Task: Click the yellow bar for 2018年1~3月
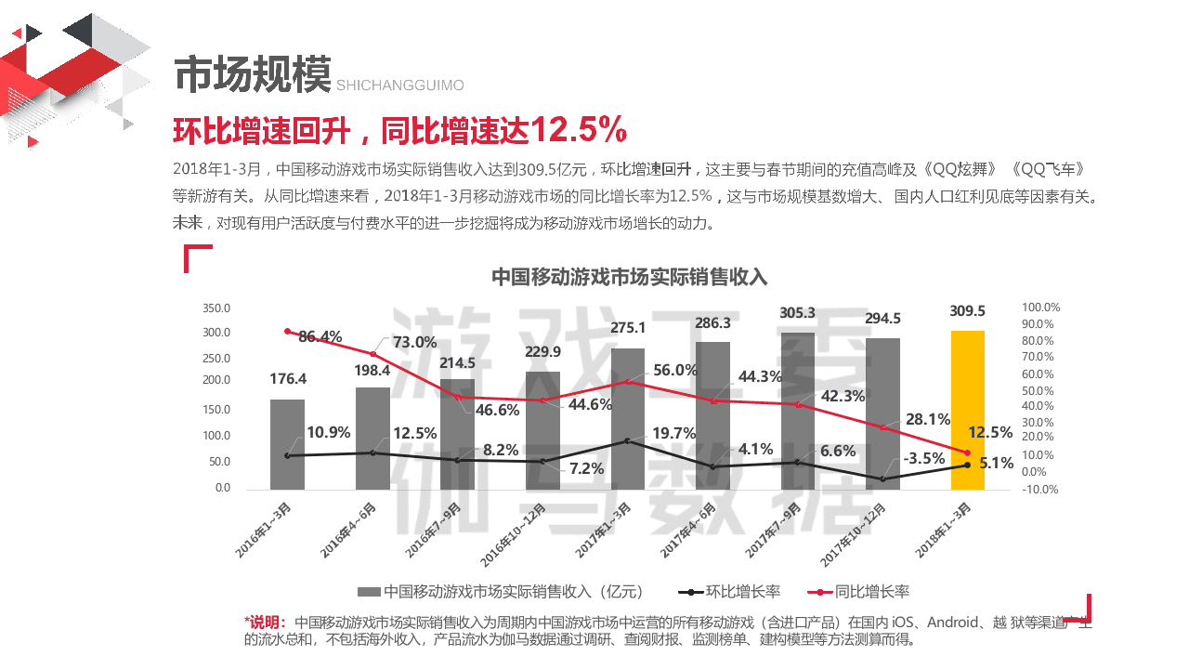967,409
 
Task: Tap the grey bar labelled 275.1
627,418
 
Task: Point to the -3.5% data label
923,458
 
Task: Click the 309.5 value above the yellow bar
967,311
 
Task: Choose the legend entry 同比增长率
871,592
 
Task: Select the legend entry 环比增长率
743,592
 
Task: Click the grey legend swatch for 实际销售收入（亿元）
369,592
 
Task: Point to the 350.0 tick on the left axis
216,308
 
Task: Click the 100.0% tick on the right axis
1040,308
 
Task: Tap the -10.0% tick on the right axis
1040,490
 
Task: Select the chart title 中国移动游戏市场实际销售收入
629,277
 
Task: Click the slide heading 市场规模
253,74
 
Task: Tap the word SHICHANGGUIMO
399,85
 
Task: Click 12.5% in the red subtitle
578,131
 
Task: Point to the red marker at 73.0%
372,354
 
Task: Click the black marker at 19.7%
628,440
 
